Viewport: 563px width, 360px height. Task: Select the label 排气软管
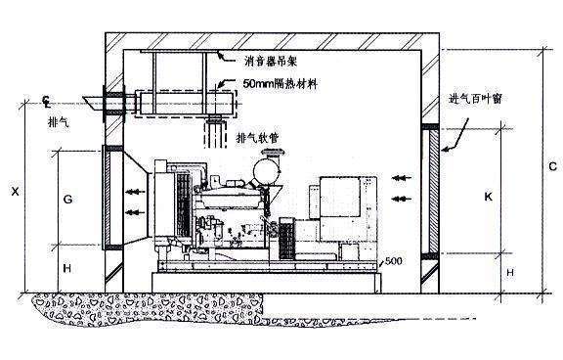(258, 137)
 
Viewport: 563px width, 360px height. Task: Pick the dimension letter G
(67, 198)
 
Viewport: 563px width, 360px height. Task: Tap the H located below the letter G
(67, 265)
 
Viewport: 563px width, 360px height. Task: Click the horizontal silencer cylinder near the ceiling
(186, 102)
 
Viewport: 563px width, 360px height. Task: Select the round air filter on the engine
(261, 169)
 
